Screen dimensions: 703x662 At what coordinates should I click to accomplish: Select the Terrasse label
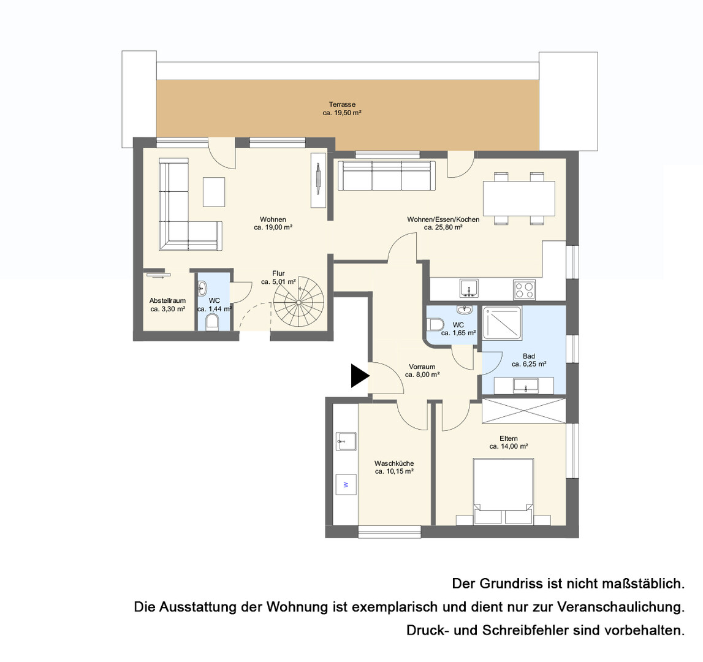tap(342, 104)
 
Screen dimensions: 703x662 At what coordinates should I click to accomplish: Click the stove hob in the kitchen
tap(525, 289)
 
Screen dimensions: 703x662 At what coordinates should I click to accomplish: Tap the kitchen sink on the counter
tap(469, 288)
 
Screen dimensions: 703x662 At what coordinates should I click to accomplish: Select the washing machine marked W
tap(345, 484)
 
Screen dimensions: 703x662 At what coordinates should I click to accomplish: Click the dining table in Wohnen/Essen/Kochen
tap(519, 198)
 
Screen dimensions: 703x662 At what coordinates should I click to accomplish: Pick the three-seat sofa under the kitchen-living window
tap(386, 175)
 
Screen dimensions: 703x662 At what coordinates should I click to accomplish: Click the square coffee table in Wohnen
tap(213, 192)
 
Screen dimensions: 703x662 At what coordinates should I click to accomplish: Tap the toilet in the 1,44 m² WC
tap(211, 322)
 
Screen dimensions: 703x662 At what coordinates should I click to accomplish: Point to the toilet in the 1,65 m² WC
tap(435, 324)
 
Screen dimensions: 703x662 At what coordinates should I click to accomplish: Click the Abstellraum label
tap(168, 300)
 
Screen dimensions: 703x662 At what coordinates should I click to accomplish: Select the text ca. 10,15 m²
tap(394, 471)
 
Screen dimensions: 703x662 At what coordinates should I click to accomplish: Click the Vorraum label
tap(422, 367)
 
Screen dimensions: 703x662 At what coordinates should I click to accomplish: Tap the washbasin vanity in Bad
tap(523, 386)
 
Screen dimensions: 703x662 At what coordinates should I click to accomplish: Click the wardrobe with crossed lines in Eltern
tap(523, 410)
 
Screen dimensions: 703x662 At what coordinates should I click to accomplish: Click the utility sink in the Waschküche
tap(346, 441)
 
